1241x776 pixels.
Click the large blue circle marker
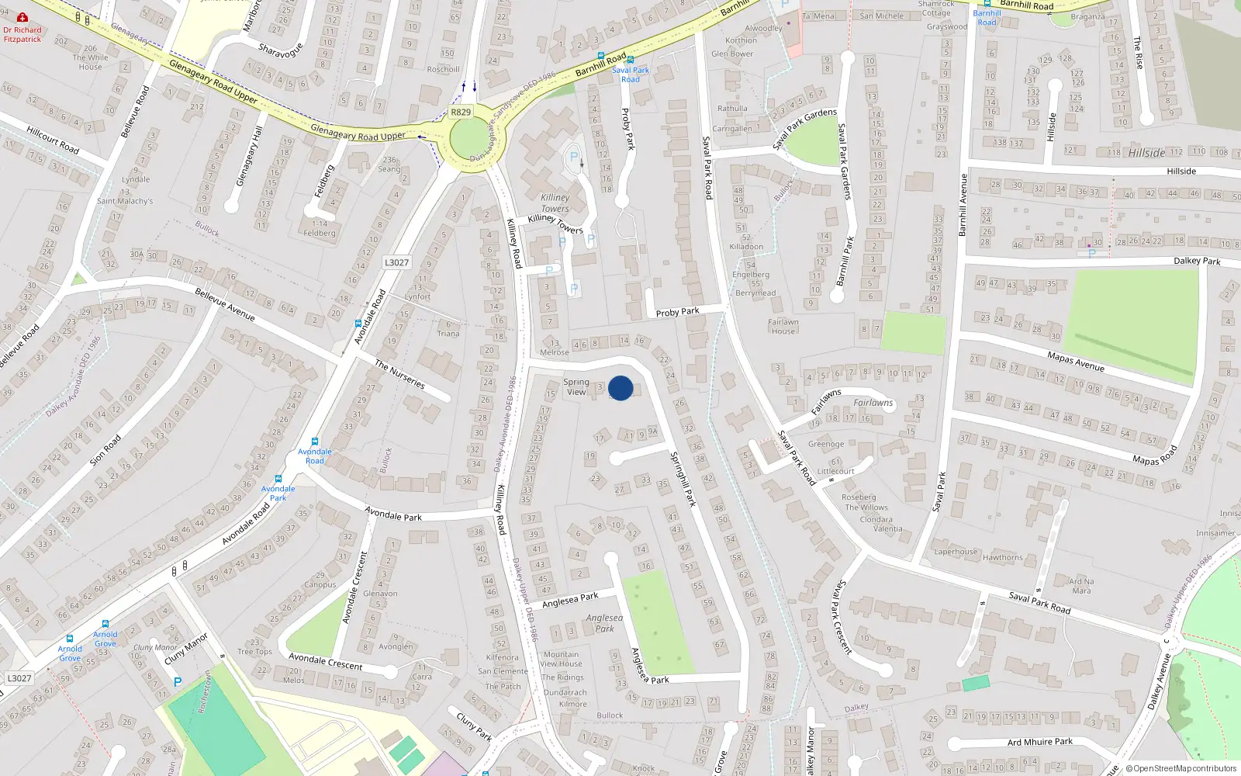coord(620,388)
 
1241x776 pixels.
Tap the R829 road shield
coord(461,112)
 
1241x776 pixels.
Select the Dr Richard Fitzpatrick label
coord(22,34)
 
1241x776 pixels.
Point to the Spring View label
coord(576,386)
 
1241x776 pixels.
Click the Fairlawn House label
coord(783,327)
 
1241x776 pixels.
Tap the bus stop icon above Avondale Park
coord(278,479)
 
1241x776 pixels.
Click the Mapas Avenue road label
coord(1075,361)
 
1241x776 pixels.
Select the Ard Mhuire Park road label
coord(1040,742)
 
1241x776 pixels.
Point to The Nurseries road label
coord(399,374)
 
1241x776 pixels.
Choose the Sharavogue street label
coord(280,51)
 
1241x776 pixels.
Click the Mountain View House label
coord(561,659)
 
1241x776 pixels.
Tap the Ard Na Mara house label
coord(1081,586)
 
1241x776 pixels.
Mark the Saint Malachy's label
coord(125,201)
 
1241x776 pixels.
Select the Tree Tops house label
coord(254,647)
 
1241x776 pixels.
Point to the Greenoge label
coord(826,445)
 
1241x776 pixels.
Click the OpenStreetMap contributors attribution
coord(1181,768)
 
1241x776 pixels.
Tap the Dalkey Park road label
coord(1196,261)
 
